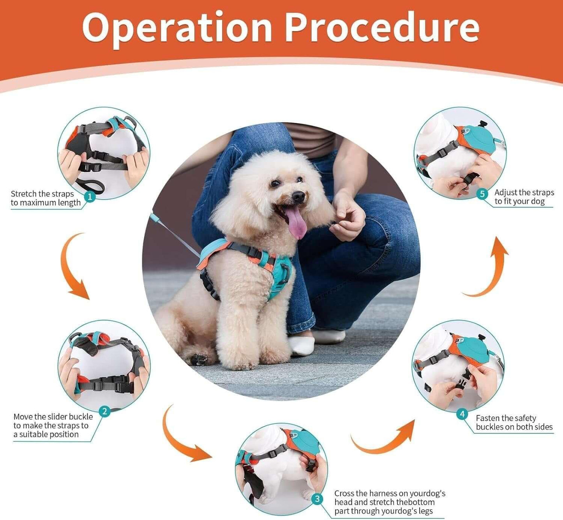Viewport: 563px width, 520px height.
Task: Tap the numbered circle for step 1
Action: (90, 197)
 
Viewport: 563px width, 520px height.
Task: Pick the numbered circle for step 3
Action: (318, 498)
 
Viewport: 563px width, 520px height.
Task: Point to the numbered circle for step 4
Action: (462, 414)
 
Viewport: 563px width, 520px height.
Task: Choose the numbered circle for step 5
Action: (482, 194)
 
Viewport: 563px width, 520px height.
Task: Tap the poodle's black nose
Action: (298, 196)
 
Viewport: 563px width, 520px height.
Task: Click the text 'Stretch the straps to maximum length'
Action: (46, 198)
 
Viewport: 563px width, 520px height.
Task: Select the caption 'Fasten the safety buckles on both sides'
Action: (514, 423)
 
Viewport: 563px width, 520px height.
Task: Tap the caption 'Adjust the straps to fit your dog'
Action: (524, 197)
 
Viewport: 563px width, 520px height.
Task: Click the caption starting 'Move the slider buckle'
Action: (53, 426)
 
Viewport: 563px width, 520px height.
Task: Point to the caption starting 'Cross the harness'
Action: (390, 502)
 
